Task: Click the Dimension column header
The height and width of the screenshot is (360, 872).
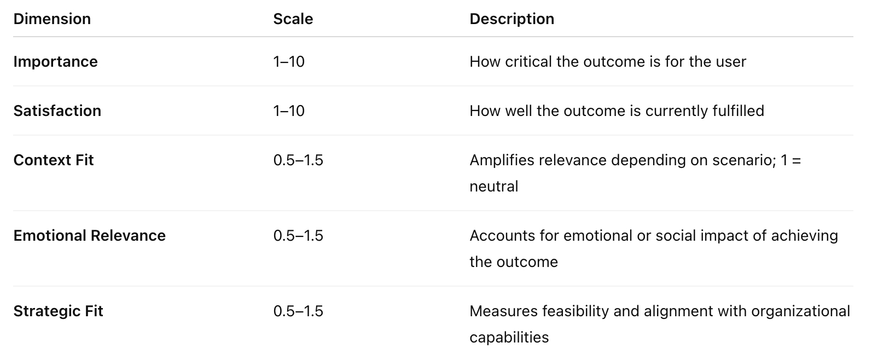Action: click(52, 19)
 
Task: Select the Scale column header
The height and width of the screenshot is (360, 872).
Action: click(293, 19)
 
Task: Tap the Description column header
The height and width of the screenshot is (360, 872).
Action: click(511, 19)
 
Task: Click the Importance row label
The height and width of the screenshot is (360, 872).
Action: click(55, 61)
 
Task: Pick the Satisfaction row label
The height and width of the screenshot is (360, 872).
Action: click(57, 111)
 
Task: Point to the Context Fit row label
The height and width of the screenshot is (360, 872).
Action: click(54, 160)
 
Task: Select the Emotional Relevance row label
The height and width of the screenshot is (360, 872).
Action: click(89, 235)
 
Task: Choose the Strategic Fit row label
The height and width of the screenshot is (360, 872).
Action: click(58, 311)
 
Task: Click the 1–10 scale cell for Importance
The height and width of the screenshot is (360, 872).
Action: click(289, 61)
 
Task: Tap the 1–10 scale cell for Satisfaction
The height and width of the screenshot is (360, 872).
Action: click(289, 111)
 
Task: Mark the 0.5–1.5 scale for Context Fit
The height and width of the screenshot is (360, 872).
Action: click(298, 160)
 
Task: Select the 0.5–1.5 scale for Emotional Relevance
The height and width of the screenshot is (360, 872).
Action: click(298, 235)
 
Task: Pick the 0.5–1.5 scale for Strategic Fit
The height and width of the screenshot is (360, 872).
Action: click(298, 311)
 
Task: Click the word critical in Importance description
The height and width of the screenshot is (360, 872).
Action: click(528, 61)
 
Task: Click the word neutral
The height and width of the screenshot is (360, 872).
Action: click(493, 186)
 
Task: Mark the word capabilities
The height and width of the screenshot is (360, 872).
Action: click(509, 337)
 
